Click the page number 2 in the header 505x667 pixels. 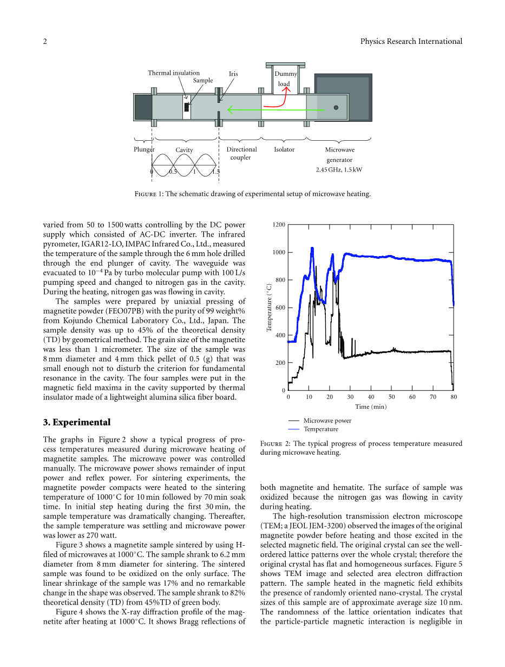pyautogui.click(x=45, y=42)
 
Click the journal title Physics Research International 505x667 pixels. pyautogui.click(x=411, y=42)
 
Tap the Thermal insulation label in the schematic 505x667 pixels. pyautogui.click(x=174, y=73)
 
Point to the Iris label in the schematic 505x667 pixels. pyautogui.click(x=233, y=74)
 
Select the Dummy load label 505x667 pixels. pyautogui.click(x=285, y=79)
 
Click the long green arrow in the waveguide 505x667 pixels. pyautogui.click(x=276, y=110)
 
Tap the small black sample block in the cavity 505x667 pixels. pyautogui.click(x=187, y=107)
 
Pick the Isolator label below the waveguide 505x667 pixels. pyautogui.click(x=284, y=150)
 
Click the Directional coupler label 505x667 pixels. pyautogui.click(x=241, y=153)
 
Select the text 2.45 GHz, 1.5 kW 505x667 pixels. pyautogui.click(x=339, y=169)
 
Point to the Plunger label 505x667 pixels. pyautogui.click(x=144, y=149)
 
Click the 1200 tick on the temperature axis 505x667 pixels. pyautogui.click(x=279, y=225)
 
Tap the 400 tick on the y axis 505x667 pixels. pyautogui.click(x=280, y=336)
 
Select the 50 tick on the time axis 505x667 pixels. pyautogui.click(x=392, y=397)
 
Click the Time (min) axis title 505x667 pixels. pyautogui.click(x=371, y=407)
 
